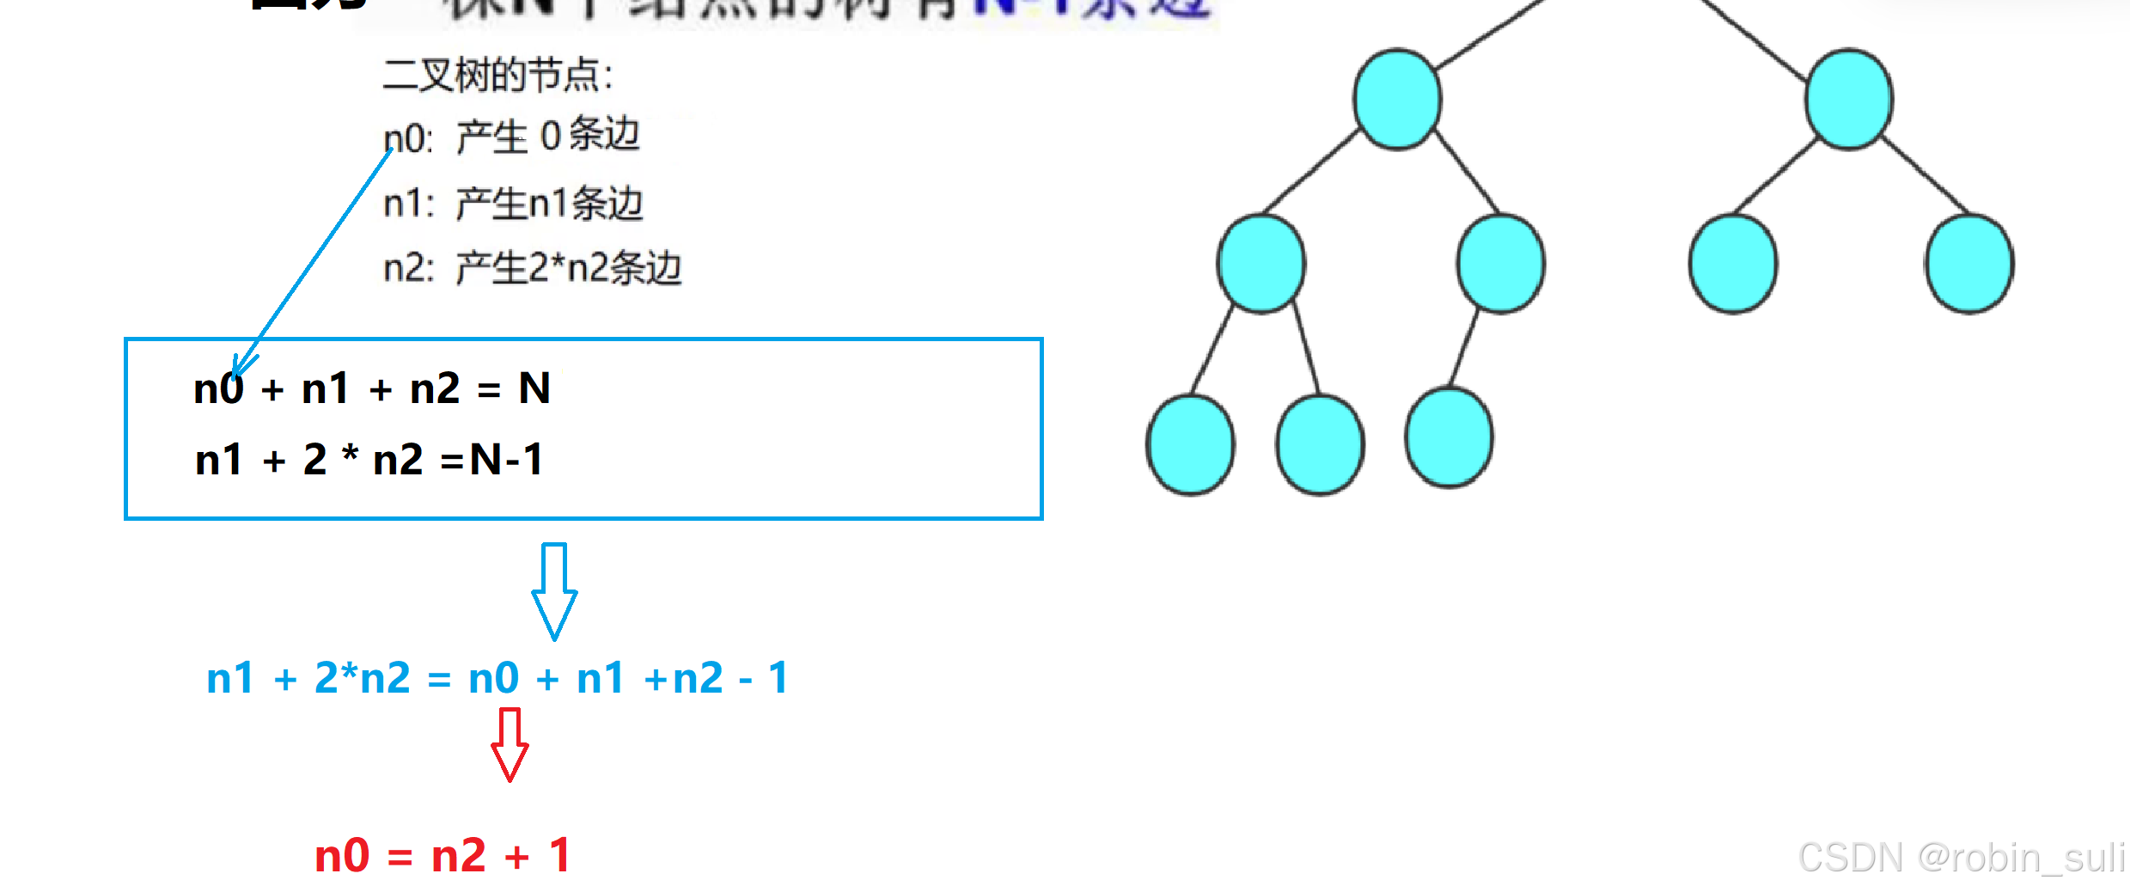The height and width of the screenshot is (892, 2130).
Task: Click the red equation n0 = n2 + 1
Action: click(442, 855)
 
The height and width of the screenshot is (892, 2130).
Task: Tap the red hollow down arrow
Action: click(510, 744)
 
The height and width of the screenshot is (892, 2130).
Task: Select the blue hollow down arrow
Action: click(554, 591)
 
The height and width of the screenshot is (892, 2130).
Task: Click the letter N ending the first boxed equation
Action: click(534, 388)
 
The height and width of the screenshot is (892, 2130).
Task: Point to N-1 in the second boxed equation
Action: click(507, 460)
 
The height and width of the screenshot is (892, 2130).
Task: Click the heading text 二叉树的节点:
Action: click(497, 76)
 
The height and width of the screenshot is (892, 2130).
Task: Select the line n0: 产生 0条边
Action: click(511, 137)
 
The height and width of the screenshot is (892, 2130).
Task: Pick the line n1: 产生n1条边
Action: click(513, 204)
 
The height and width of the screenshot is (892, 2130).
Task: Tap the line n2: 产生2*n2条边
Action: click(532, 268)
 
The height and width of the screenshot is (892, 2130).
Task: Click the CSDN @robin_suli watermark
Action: click(1961, 857)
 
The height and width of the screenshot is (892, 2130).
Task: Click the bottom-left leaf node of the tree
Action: click(1191, 445)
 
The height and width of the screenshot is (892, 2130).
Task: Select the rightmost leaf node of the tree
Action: click(1969, 263)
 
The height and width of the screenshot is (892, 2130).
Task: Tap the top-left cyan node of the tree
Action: click(1397, 100)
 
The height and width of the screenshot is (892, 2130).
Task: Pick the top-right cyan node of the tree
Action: click(1849, 100)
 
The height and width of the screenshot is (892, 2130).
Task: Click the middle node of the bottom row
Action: click(1321, 445)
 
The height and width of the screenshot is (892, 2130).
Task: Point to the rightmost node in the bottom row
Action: click(1449, 438)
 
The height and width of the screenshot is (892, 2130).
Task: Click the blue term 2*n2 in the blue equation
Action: click(363, 678)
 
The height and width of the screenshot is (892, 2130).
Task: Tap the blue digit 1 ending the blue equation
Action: click(778, 678)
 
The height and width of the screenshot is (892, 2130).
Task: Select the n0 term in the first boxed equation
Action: click(218, 388)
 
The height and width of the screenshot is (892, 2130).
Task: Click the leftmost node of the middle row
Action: click(1261, 263)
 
